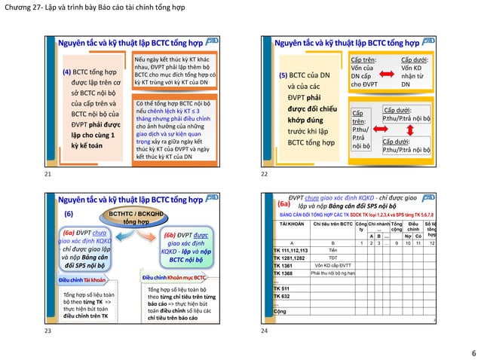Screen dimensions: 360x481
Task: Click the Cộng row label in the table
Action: click(280, 311)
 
